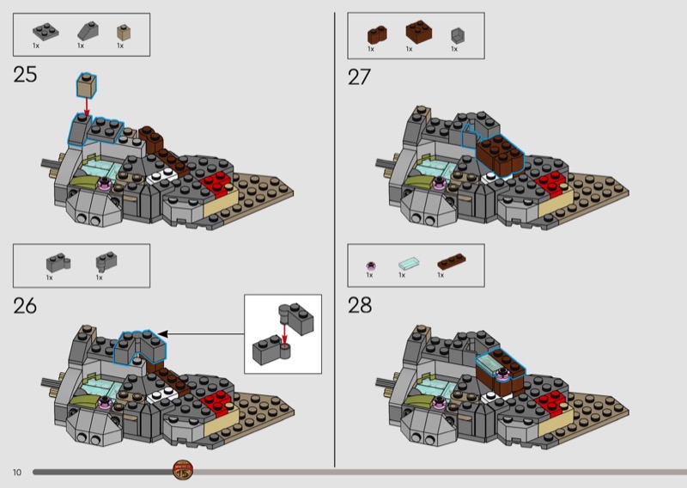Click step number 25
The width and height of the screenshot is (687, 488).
[25, 74]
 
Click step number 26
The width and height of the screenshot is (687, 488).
[25, 306]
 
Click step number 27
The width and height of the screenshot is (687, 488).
[359, 77]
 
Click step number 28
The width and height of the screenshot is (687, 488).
[360, 305]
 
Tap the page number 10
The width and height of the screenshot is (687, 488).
[17, 473]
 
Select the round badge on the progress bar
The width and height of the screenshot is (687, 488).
[183, 470]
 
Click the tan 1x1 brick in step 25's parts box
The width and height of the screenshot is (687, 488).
[124, 33]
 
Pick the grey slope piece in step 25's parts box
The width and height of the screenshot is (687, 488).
[88, 31]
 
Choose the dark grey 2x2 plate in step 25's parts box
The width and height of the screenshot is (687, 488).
[46, 32]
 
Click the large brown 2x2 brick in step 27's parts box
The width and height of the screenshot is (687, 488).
[419, 32]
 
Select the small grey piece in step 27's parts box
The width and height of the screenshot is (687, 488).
[458, 35]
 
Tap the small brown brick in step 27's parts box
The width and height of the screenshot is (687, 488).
[377, 35]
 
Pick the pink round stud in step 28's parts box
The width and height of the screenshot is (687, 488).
[371, 265]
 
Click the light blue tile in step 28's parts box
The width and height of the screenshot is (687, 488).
[410, 264]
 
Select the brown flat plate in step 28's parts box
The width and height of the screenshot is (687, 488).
[452, 261]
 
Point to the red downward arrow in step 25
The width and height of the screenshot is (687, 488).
[87, 107]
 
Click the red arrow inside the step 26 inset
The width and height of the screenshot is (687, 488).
[284, 335]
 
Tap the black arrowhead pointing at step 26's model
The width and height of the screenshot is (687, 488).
[162, 334]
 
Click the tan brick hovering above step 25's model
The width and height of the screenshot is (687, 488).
[87, 86]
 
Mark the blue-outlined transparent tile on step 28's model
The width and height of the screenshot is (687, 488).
[490, 363]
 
